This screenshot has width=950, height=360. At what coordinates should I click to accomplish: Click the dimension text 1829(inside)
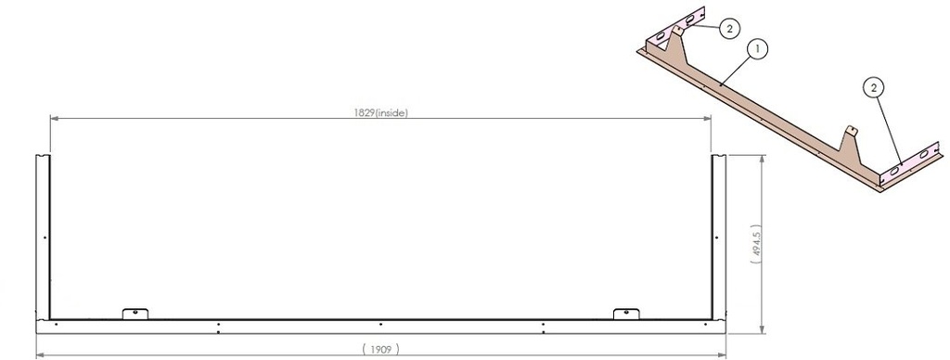point(380,112)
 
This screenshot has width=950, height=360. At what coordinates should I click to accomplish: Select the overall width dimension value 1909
point(381,349)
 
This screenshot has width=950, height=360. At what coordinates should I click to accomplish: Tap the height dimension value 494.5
point(755,244)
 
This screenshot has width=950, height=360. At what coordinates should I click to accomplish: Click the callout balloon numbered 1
point(757,49)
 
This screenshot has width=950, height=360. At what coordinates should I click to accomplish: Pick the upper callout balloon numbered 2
point(730,27)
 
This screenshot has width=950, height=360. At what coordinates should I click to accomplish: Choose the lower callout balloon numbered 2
point(873,88)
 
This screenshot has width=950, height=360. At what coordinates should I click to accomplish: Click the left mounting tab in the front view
point(135,314)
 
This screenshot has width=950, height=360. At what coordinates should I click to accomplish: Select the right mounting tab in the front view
point(626,314)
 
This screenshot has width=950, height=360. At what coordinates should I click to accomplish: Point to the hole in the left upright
point(45,238)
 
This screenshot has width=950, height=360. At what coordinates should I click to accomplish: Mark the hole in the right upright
point(717,238)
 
